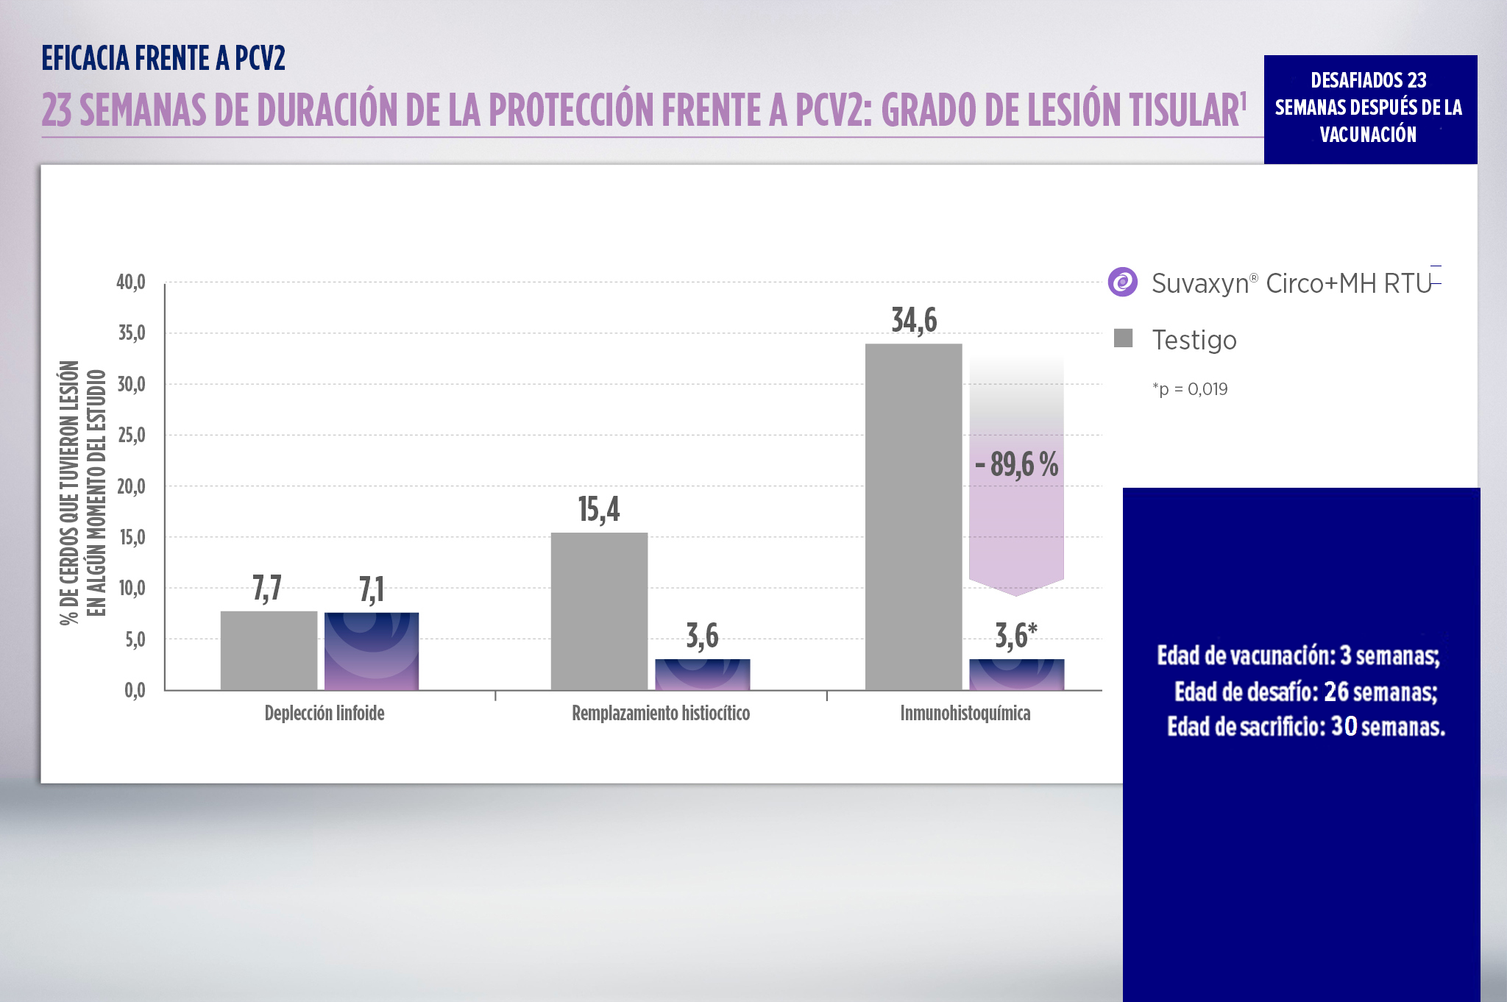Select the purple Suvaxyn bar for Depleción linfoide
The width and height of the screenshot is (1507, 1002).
(372, 651)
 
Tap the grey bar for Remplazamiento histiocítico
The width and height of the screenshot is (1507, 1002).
(599, 611)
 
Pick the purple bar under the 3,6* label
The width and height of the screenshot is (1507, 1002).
(1016, 675)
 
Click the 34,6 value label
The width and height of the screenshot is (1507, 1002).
(914, 320)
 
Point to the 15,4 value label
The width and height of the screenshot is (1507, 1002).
(598, 509)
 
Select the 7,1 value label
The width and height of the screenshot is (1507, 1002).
(372, 589)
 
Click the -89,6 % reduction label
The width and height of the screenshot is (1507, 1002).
(1016, 464)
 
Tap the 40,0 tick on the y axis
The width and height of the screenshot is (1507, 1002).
(131, 283)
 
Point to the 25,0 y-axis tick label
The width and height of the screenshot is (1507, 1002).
(131, 436)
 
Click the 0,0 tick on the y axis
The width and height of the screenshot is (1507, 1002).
(134, 690)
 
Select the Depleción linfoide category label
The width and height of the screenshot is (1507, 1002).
(325, 713)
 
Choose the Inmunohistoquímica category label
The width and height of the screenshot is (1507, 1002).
(965, 713)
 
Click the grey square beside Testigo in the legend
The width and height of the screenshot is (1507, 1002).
(1123, 338)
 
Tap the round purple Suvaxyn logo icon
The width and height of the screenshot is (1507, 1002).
(1123, 282)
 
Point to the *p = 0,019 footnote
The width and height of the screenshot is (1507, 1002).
(1190, 389)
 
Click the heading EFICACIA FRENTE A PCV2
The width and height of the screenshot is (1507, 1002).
(163, 58)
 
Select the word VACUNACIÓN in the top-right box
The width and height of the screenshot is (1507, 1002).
(1367, 135)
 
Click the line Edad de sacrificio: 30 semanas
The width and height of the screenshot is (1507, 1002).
(1305, 727)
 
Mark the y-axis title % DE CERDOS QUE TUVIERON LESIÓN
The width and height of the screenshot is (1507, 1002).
(70, 493)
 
